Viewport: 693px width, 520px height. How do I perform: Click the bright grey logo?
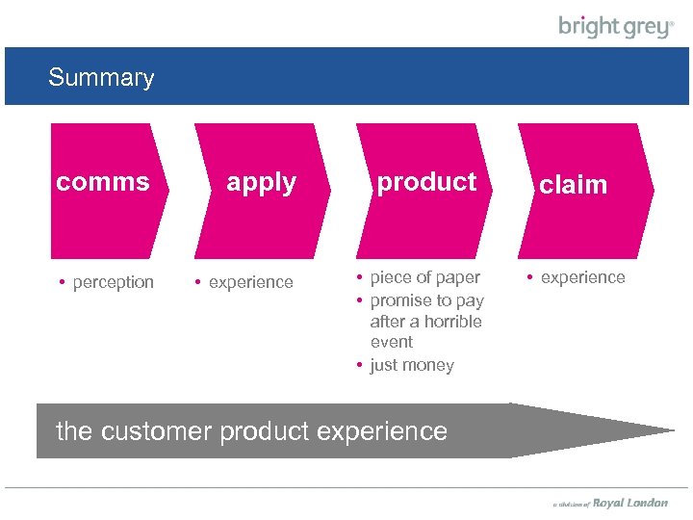(616, 27)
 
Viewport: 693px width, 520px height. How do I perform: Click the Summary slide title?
(101, 78)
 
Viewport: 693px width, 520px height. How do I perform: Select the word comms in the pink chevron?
(103, 182)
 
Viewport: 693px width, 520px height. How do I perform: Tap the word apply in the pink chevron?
(261, 182)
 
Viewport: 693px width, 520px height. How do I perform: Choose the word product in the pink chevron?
(426, 182)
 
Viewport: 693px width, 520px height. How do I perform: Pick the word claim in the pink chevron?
(573, 185)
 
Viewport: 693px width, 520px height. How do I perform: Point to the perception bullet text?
(113, 282)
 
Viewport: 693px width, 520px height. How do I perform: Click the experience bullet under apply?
(250, 282)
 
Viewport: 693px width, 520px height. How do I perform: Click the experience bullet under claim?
(582, 277)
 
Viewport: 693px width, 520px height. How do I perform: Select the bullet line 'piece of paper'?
(424, 277)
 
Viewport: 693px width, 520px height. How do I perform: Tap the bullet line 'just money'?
(412, 365)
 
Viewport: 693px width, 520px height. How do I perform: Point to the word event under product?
(392, 342)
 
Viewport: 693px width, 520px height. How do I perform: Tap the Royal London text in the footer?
(630, 503)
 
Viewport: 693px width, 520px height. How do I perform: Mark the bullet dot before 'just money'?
(358, 365)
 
